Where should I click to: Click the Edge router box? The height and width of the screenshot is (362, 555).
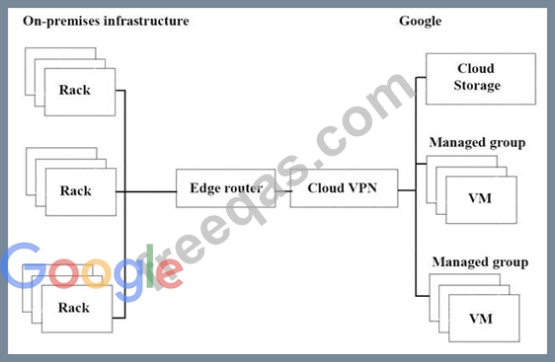coord(226,188)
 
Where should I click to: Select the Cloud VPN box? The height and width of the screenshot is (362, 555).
coord(344,188)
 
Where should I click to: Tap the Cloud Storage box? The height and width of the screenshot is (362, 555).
coord(481,79)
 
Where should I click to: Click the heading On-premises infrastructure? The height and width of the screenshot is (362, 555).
coord(106,21)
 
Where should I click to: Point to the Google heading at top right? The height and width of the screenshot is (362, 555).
coord(420,21)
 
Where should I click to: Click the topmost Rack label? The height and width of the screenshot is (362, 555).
coord(75,90)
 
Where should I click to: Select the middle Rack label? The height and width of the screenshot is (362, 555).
coord(76,191)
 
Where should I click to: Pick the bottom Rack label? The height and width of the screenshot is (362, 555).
coord(74,307)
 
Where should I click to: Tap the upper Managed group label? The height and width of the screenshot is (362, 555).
coord(477,142)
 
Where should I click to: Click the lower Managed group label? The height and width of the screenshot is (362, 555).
coord(480,262)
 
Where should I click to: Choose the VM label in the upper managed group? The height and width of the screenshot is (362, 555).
coord(480,198)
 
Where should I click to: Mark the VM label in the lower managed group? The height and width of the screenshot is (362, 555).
coord(481,319)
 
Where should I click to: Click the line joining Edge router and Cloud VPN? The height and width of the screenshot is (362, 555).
coord(282,191)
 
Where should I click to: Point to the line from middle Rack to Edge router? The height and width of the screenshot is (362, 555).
coord(146,192)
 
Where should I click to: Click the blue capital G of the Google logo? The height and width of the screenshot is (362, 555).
coord(24,264)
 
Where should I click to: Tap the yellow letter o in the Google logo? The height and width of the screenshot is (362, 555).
coord(97,274)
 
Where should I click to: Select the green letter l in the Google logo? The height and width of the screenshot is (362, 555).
coord(150,266)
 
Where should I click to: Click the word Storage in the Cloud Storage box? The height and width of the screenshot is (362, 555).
coord(477,86)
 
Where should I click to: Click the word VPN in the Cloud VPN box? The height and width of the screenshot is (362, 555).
coord(362,188)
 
